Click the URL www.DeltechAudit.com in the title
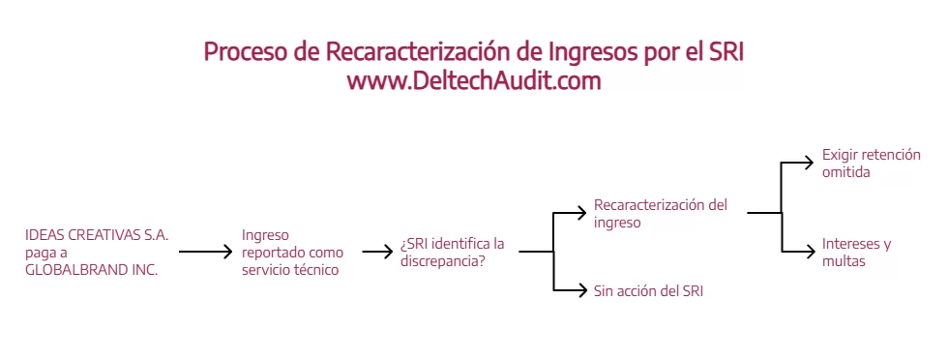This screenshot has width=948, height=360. pyautogui.click(x=474, y=80)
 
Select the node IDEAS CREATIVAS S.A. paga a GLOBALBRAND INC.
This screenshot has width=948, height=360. pyautogui.click(x=97, y=253)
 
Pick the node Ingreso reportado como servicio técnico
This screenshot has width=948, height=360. pyautogui.click(x=292, y=253)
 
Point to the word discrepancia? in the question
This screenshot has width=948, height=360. pyautogui.click(x=443, y=263)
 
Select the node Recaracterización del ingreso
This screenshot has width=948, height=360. pyautogui.click(x=660, y=213)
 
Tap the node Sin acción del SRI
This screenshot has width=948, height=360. pyautogui.click(x=648, y=290)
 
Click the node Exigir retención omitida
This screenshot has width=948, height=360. pyautogui.click(x=872, y=164)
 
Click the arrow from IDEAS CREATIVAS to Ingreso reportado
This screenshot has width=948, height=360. pyautogui.click(x=205, y=251)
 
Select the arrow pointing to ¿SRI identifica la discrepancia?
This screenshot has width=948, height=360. pyautogui.click(x=378, y=251)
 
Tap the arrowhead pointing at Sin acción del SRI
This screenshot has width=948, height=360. pyautogui.click(x=581, y=290)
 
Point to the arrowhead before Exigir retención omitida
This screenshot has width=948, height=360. pyautogui.click(x=809, y=163)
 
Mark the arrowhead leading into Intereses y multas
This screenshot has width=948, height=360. pyautogui.click(x=809, y=251)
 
